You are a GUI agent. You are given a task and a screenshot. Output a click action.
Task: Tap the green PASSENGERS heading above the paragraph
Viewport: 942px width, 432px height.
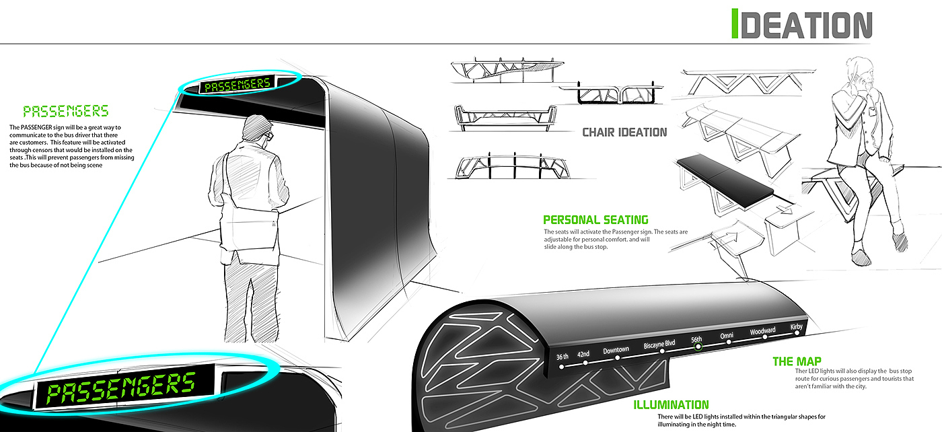65,112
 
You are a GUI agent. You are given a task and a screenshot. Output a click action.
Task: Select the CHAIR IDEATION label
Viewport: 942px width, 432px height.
624,133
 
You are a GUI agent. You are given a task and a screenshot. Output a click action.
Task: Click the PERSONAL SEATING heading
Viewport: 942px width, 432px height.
595,219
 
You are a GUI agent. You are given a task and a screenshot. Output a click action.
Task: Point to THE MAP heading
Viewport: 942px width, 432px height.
797,362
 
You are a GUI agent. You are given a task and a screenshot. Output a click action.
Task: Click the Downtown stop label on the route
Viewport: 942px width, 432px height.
616,351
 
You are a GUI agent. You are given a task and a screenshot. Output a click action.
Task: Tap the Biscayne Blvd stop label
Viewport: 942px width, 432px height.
659,345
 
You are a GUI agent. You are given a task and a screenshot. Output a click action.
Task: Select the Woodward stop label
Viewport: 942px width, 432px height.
762,331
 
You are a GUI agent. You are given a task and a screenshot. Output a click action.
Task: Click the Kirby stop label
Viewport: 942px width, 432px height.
797,327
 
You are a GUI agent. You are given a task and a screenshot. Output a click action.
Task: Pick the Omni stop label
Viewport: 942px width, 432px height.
726,336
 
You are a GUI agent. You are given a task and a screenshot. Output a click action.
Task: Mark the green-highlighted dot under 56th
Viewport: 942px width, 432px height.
698,347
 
